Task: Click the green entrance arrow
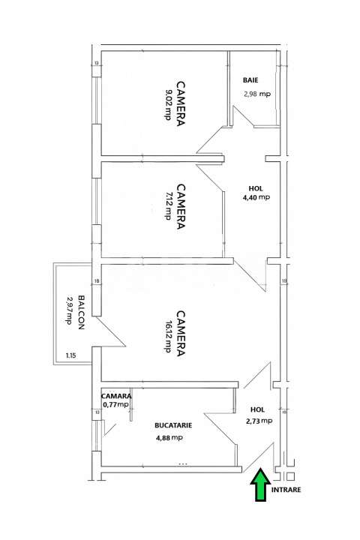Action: tap(260, 484)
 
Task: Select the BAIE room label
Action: tap(251, 79)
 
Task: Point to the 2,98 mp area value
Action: tap(256, 94)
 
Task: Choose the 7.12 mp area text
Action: tap(168, 206)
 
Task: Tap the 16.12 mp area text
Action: tap(168, 336)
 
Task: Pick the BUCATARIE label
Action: tap(173, 424)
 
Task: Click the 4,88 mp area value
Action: tap(169, 439)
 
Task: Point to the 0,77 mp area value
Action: tap(116, 405)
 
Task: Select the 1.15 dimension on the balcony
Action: tap(70, 355)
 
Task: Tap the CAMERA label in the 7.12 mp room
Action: tap(181, 206)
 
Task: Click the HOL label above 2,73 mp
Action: tap(257, 409)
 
